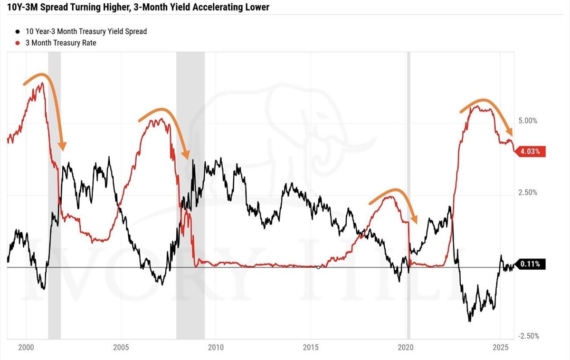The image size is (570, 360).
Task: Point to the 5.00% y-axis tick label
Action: (x=528, y=121)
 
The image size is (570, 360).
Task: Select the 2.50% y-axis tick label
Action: (x=528, y=192)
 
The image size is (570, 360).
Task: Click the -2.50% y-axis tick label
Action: (x=527, y=336)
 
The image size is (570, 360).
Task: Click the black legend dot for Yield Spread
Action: (x=18, y=32)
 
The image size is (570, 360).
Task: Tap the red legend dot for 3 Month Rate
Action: (x=18, y=43)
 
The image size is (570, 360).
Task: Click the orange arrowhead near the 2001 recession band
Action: (x=61, y=146)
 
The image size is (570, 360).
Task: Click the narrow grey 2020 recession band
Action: (x=408, y=190)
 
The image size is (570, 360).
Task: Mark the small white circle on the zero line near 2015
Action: (x=318, y=267)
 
